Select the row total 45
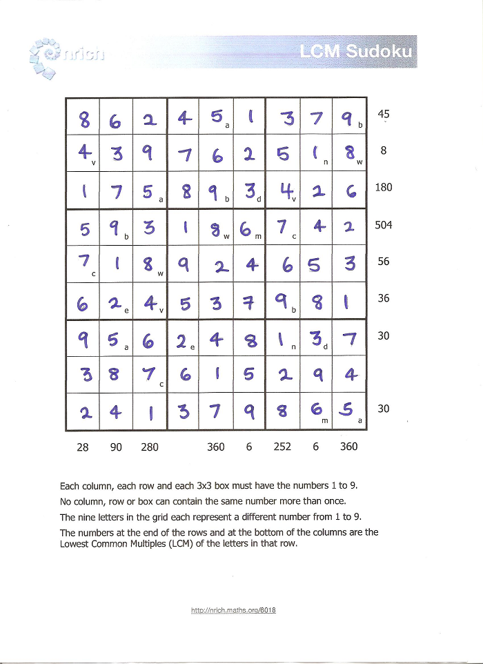point(384,114)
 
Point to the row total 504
point(384,225)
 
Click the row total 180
point(384,187)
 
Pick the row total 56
point(384,262)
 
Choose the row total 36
point(384,298)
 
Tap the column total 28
point(83,447)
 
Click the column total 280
point(150,447)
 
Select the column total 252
point(282,447)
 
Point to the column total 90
point(116,447)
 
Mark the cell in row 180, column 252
point(283,190)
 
